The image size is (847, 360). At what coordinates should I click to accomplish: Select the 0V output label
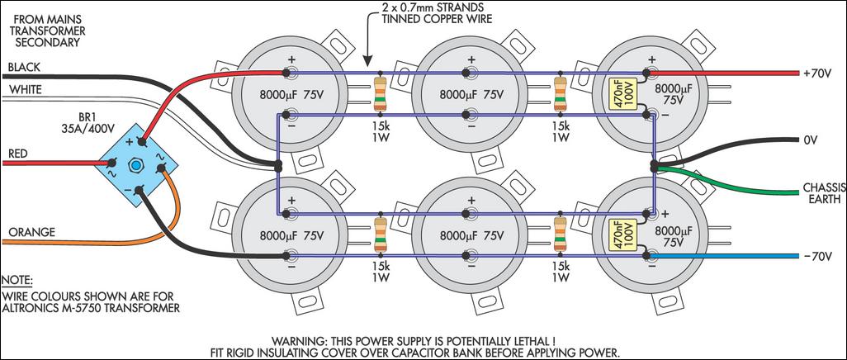pos(809,140)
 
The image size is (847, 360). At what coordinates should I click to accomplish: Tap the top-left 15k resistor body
pos(380,93)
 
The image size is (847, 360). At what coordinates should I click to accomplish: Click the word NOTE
pos(18,280)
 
